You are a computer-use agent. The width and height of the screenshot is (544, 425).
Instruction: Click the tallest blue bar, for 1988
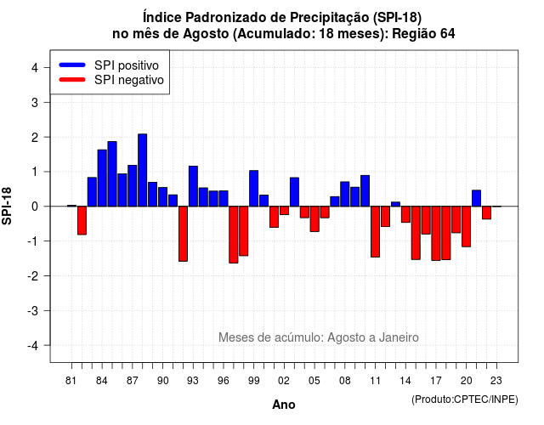(142, 170)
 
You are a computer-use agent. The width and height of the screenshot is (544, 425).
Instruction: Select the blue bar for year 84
(102, 178)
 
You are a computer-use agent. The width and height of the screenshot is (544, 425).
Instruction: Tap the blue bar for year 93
(193, 186)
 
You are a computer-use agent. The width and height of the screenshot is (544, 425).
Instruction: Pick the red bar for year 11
(376, 232)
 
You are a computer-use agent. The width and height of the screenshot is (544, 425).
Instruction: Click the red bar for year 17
(436, 234)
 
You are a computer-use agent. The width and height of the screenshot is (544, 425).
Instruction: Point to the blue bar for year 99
(254, 189)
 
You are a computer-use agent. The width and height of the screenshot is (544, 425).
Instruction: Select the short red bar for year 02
(284, 211)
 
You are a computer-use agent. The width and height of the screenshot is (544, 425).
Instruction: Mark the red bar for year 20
(467, 227)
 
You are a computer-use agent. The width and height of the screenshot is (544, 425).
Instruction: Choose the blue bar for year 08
(345, 194)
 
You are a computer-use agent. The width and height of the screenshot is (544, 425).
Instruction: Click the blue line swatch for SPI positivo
(72, 65)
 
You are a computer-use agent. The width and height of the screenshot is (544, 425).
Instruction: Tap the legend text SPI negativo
(129, 80)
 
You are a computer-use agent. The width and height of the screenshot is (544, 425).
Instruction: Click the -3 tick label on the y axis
(33, 311)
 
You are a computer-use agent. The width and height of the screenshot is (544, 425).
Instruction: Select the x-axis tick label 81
(71, 381)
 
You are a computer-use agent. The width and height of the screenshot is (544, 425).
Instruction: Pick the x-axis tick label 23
(496, 381)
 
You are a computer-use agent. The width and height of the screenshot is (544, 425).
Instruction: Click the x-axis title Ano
(284, 405)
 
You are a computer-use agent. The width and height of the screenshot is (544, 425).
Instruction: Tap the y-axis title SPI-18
(7, 206)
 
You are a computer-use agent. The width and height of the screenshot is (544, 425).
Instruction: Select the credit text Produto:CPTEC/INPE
(465, 399)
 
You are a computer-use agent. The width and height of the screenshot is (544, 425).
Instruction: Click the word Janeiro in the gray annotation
(399, 337)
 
